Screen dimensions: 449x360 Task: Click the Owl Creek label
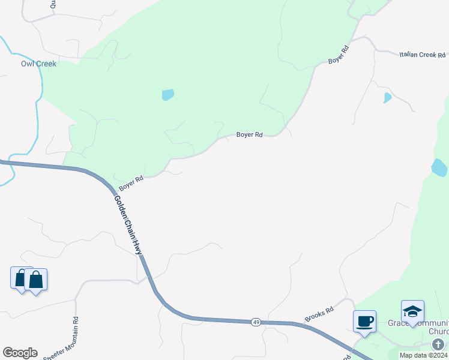38,64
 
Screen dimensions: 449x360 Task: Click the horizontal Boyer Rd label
249,135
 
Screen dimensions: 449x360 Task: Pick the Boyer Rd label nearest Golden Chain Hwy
131,183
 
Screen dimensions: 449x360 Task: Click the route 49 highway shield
256,322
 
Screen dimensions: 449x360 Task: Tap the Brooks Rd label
319,314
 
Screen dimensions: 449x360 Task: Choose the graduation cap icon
412,311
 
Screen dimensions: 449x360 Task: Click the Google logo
20,353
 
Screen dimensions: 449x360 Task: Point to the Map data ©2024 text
423,355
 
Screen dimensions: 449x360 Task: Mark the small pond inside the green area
168,95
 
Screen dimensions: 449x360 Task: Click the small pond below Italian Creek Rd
388,97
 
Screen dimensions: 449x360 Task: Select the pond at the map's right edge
439,167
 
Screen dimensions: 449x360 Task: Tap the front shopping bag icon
35,280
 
